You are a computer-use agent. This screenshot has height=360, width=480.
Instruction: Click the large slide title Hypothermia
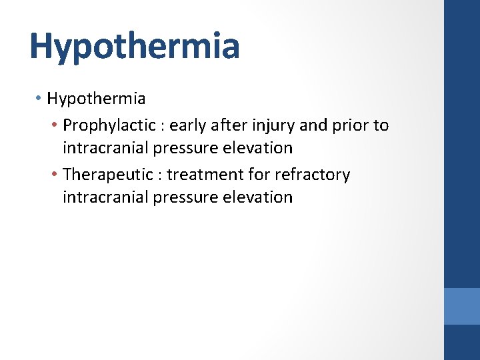coord(134,46)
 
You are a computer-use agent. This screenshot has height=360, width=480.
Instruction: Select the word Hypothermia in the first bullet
coord(96,99)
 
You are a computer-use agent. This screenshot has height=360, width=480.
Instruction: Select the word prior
coord(349,125)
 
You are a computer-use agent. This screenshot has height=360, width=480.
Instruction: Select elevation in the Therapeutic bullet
coord(258,197)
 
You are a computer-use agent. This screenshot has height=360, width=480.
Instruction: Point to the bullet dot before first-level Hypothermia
coord(39,99)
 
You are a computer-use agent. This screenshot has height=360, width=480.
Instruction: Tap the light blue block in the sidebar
coord(462,306)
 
